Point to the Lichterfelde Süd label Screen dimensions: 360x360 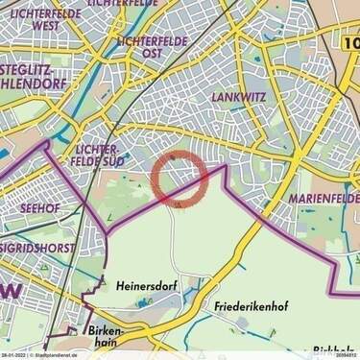94,155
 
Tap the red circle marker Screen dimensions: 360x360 180,179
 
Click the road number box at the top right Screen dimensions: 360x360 350,42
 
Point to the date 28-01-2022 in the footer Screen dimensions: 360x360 13,355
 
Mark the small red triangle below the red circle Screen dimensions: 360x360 178,204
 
